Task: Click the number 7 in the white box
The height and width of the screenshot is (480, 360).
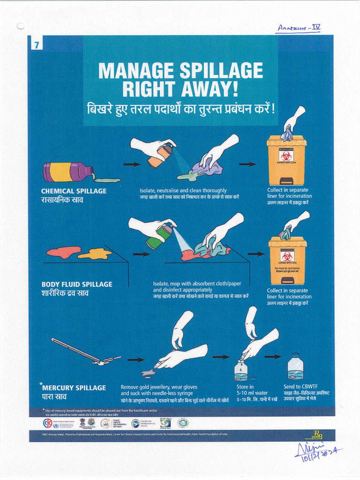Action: click(36, 45)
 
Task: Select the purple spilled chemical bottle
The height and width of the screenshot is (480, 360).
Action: click(67, 172)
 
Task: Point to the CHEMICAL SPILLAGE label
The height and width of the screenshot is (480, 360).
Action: click(74, 191)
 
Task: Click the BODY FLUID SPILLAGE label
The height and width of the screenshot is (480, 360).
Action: click(77, 284)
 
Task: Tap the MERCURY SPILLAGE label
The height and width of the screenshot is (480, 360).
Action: click(74, 388)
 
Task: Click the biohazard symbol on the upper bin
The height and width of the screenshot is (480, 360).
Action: click(286, 156)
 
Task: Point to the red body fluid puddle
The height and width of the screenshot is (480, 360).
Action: click(63, 253)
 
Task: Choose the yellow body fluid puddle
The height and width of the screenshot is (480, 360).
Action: click(95, 254)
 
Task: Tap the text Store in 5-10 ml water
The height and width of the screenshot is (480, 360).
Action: click(252, 390)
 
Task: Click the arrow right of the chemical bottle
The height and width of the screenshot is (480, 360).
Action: click(132, 165)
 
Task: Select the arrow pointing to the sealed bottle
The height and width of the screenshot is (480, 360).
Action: click(273, 357)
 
